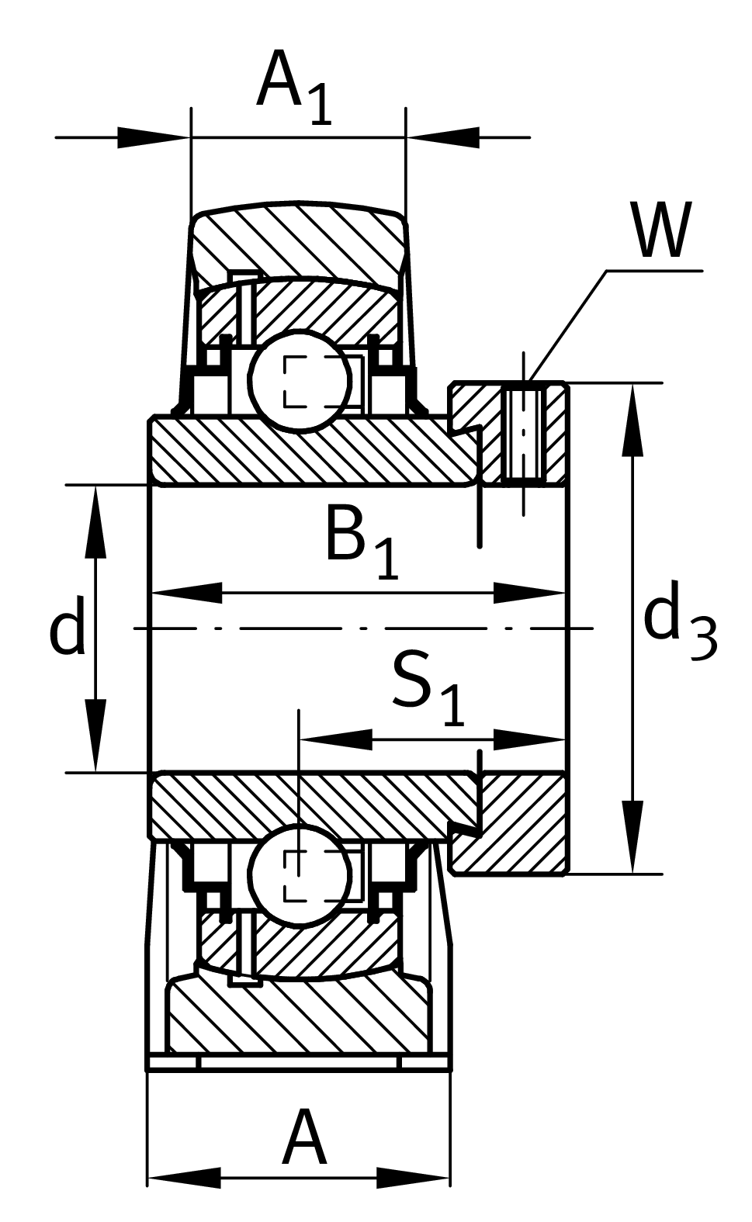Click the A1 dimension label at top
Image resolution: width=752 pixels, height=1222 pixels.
coord(294,87)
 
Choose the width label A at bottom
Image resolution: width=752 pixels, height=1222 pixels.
coord(303,1138)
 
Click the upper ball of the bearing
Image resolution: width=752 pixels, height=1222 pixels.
coord(300,380)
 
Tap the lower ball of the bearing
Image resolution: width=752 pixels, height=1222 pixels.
coord(300,874)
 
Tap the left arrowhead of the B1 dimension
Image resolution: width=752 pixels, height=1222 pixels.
coord(186,594)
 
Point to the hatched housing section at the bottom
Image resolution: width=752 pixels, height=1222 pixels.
coord(299,1016)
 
